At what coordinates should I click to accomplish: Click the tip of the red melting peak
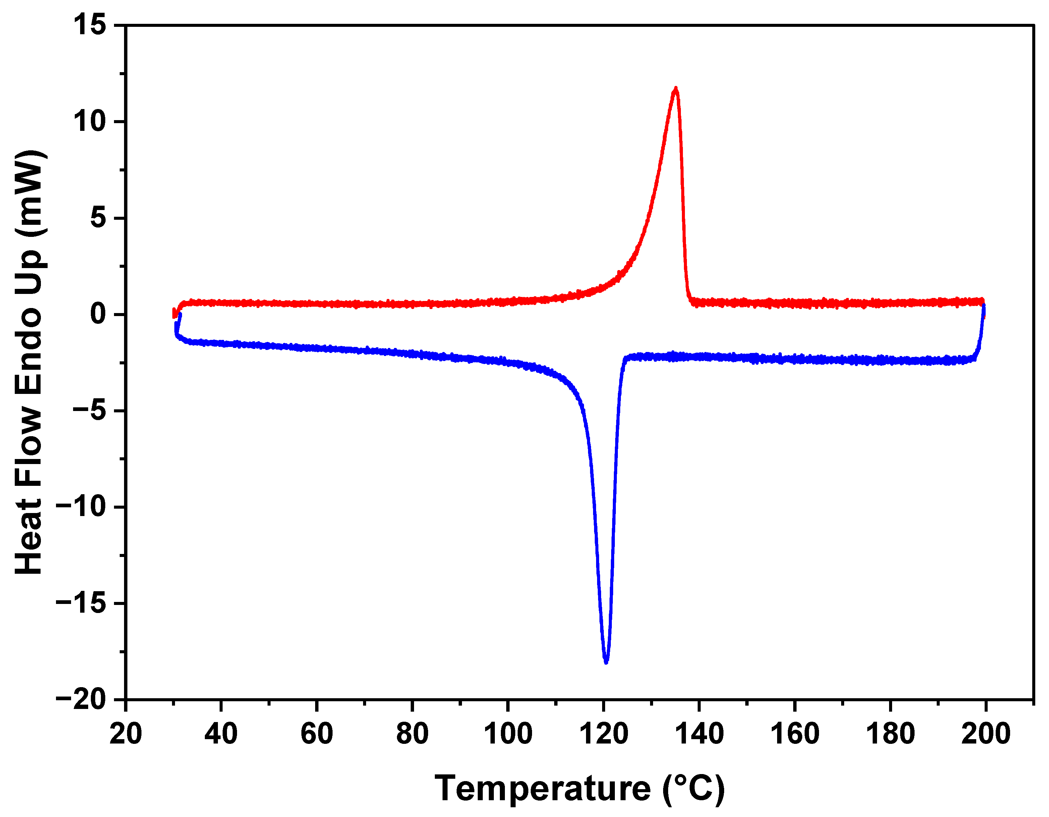pos(676,89)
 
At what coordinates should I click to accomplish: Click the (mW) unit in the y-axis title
pos(30,192)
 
